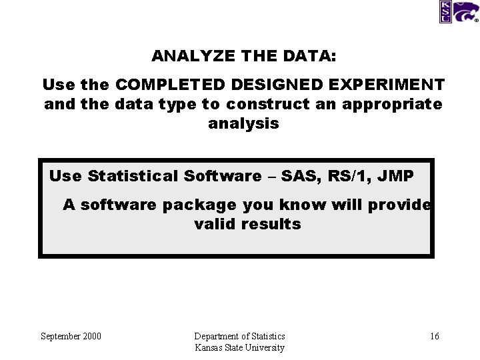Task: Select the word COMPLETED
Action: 170,85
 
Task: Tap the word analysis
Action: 243,123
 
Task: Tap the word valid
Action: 214,224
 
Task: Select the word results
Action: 273,224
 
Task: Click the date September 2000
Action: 71,336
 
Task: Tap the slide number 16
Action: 434,336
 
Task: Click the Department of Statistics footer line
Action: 239,336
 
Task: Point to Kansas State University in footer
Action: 239,347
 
